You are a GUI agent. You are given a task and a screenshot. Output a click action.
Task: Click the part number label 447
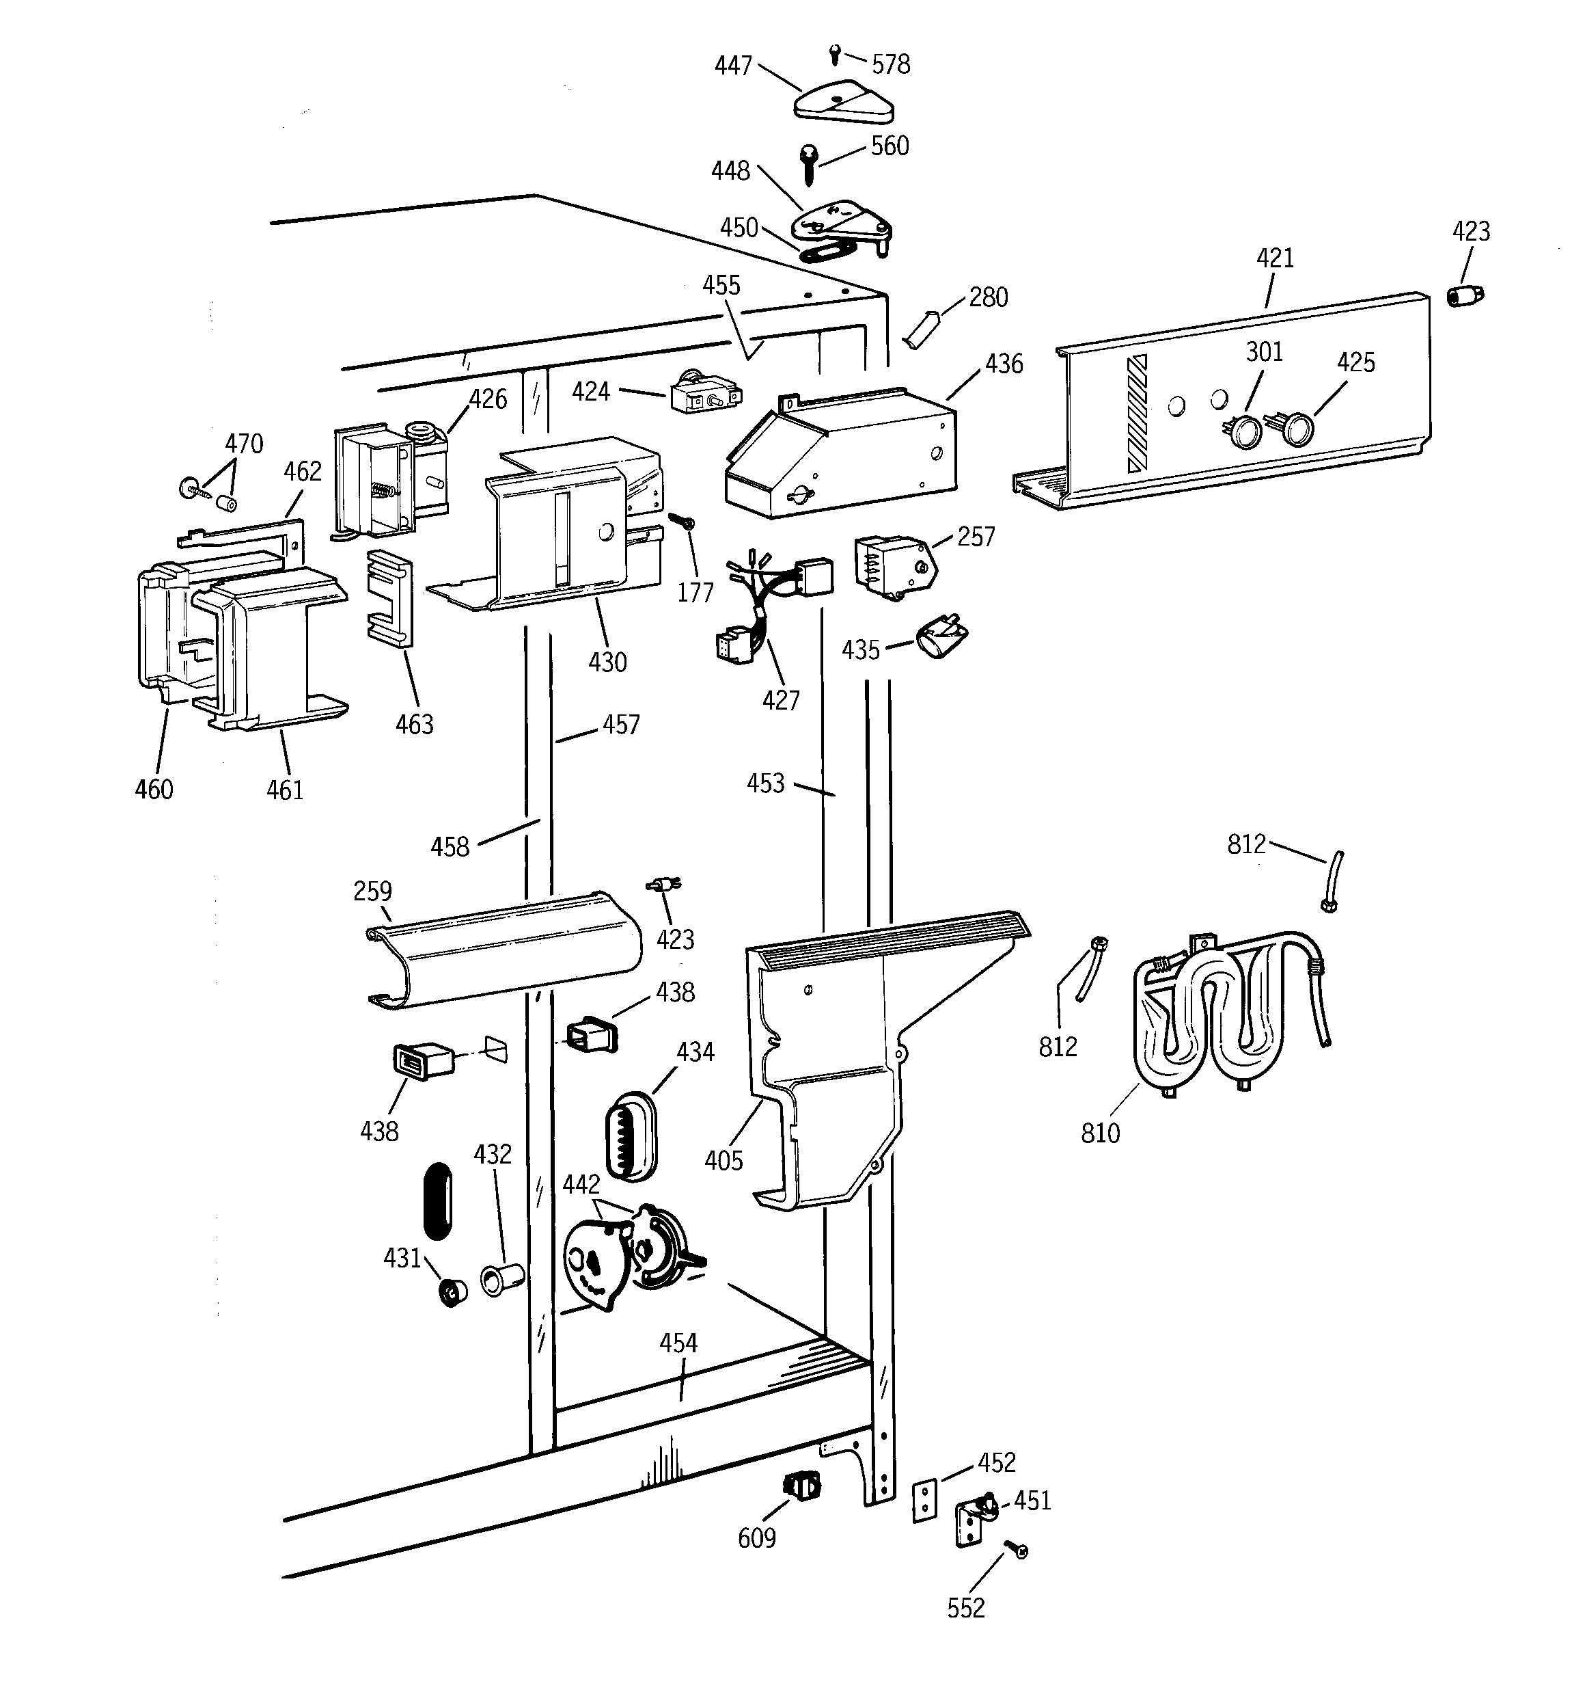732,66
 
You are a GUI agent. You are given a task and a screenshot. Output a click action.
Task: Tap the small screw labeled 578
835,55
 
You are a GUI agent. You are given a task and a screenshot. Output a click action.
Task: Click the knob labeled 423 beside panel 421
1465,295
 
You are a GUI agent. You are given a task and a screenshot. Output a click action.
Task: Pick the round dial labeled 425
1296,428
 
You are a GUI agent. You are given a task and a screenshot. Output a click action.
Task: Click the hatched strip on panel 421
1137,414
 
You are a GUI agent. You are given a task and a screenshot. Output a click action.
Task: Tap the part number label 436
1003,364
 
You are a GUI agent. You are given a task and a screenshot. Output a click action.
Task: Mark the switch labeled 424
705,396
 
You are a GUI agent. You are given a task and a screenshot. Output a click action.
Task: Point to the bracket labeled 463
389,597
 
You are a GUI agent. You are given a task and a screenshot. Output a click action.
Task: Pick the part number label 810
1100,1133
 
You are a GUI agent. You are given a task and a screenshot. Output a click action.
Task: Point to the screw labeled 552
1019,1550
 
